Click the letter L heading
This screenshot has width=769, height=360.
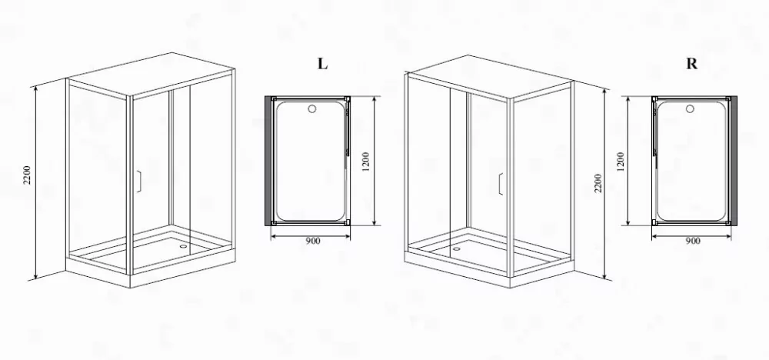click(x=322, y=64)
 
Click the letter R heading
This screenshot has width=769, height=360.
click(x=691, y=64)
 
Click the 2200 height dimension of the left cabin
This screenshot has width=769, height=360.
click(x=27, y=175)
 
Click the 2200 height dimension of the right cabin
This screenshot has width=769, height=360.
click(x=598, y=183)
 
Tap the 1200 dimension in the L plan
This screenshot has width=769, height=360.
click(x=365, y=162)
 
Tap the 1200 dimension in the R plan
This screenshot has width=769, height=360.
click(x=621, y=162)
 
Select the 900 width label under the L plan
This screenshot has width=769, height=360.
click(x=312, y=241)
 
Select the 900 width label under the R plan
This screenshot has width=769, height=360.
click(x=693, y=241)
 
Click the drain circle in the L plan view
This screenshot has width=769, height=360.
click(x=312, y=109)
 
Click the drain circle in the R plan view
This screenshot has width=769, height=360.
click(x=691, y=109)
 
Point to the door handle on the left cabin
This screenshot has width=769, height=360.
click(x=139, y=181)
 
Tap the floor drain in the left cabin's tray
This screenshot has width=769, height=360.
click(x=184, y=246)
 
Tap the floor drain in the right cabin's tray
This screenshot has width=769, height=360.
click(x=457, y=248)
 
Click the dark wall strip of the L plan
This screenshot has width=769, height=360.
click(x=268, y=161)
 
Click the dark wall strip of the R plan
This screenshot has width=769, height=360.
click(x=734, y=161)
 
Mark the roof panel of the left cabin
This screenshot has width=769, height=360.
click(x=151, y=75)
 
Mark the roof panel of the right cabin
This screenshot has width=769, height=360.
click(x=489, y=78)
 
